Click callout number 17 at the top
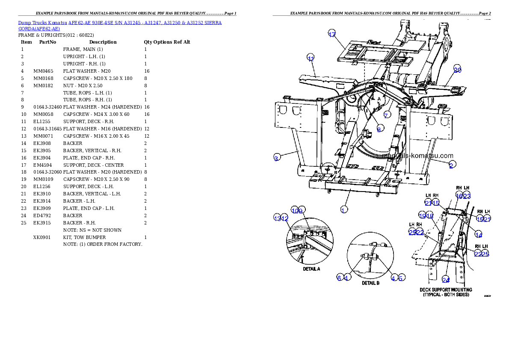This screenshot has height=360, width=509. click(x=332, y=35)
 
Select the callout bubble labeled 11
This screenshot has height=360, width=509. click(x=311, y=59)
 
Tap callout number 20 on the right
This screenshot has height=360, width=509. click(x=457, y=70)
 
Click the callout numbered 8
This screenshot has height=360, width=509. click(x=379, y=129)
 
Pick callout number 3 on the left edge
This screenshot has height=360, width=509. click(x=277, y=158)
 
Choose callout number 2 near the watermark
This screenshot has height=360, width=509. click(x=451, y=165)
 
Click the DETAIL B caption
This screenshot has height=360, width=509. click(x=370, y=283)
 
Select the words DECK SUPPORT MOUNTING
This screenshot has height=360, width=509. click(x=446, y=290)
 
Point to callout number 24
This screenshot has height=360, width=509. click(x=445, y=280)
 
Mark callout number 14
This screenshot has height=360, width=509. click(x=479, y=235)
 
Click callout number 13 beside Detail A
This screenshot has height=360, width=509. click(x=277, y=218)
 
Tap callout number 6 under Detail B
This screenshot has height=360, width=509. click(x=339, y=278)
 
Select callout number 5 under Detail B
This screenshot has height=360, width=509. click(x=401, y=278)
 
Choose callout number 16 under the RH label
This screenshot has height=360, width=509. click(x=459, y=196)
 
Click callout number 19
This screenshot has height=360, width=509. click(x=422, y=216)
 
